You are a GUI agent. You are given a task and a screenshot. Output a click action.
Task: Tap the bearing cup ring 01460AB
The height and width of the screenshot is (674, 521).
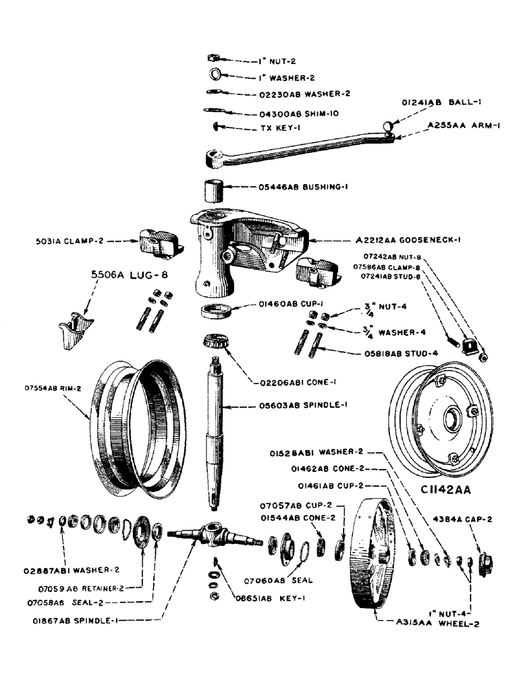point(218,313)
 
